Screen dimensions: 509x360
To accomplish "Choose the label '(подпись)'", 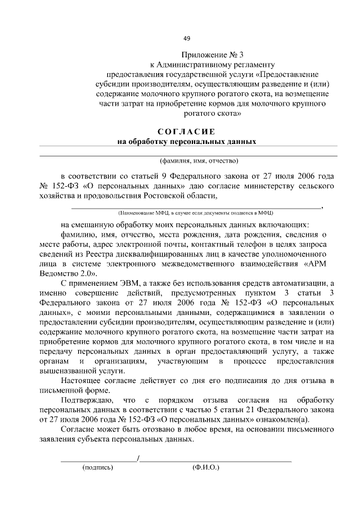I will [x=98, y=467].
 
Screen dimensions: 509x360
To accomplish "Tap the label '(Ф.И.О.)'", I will [x=205, y=467].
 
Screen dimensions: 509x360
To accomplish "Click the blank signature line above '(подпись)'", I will [x=98, y=460].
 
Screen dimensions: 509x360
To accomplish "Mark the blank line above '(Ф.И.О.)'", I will [x=216, y=460].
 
